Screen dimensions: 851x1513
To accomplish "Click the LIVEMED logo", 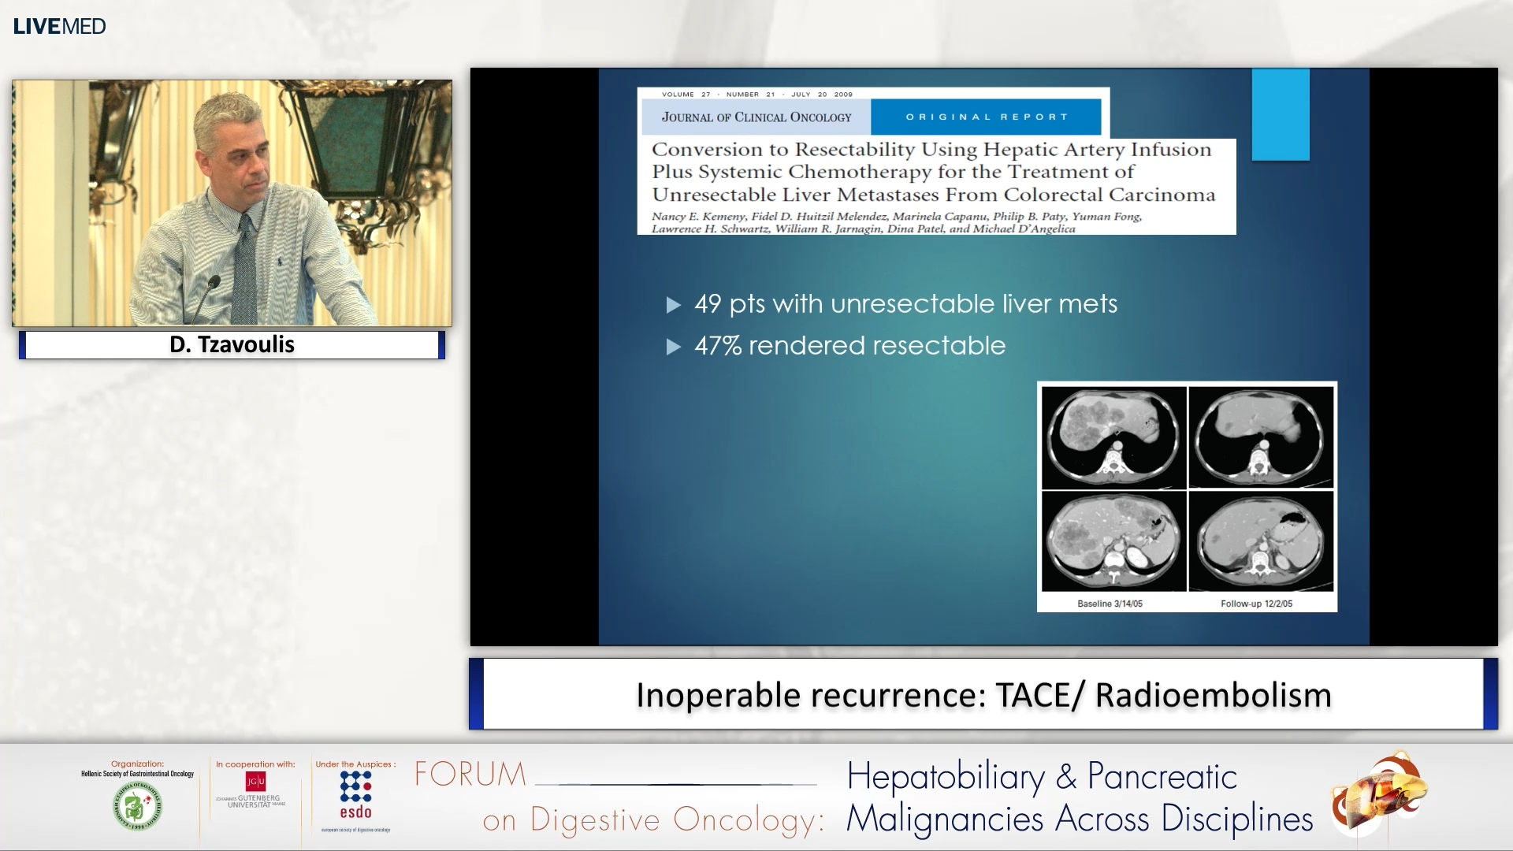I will point(59,26).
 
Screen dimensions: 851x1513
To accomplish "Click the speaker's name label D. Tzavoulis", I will point(232,344).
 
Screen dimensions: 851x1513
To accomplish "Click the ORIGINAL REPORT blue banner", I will point(986,117).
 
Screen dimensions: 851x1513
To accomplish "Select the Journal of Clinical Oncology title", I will point(756,117).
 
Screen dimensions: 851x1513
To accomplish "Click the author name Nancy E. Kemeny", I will point(698,216).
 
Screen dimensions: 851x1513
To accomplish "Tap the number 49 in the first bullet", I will point(708,303).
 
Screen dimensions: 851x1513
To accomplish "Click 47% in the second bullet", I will point(717,345).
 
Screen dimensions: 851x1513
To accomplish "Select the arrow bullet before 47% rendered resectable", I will point(673,347).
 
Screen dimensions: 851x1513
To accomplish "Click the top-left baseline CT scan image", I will point(1113,437).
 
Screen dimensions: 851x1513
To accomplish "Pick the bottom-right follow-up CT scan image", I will point(1261,541).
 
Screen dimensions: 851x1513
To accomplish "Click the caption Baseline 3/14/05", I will point(1110,604).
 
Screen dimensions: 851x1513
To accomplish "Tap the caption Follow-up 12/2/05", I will point(1256,604).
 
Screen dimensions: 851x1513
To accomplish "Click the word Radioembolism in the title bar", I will point(1213,695).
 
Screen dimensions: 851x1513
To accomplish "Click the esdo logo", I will point(355,795).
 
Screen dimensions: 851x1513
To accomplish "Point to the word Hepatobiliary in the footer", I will point(946,777).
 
